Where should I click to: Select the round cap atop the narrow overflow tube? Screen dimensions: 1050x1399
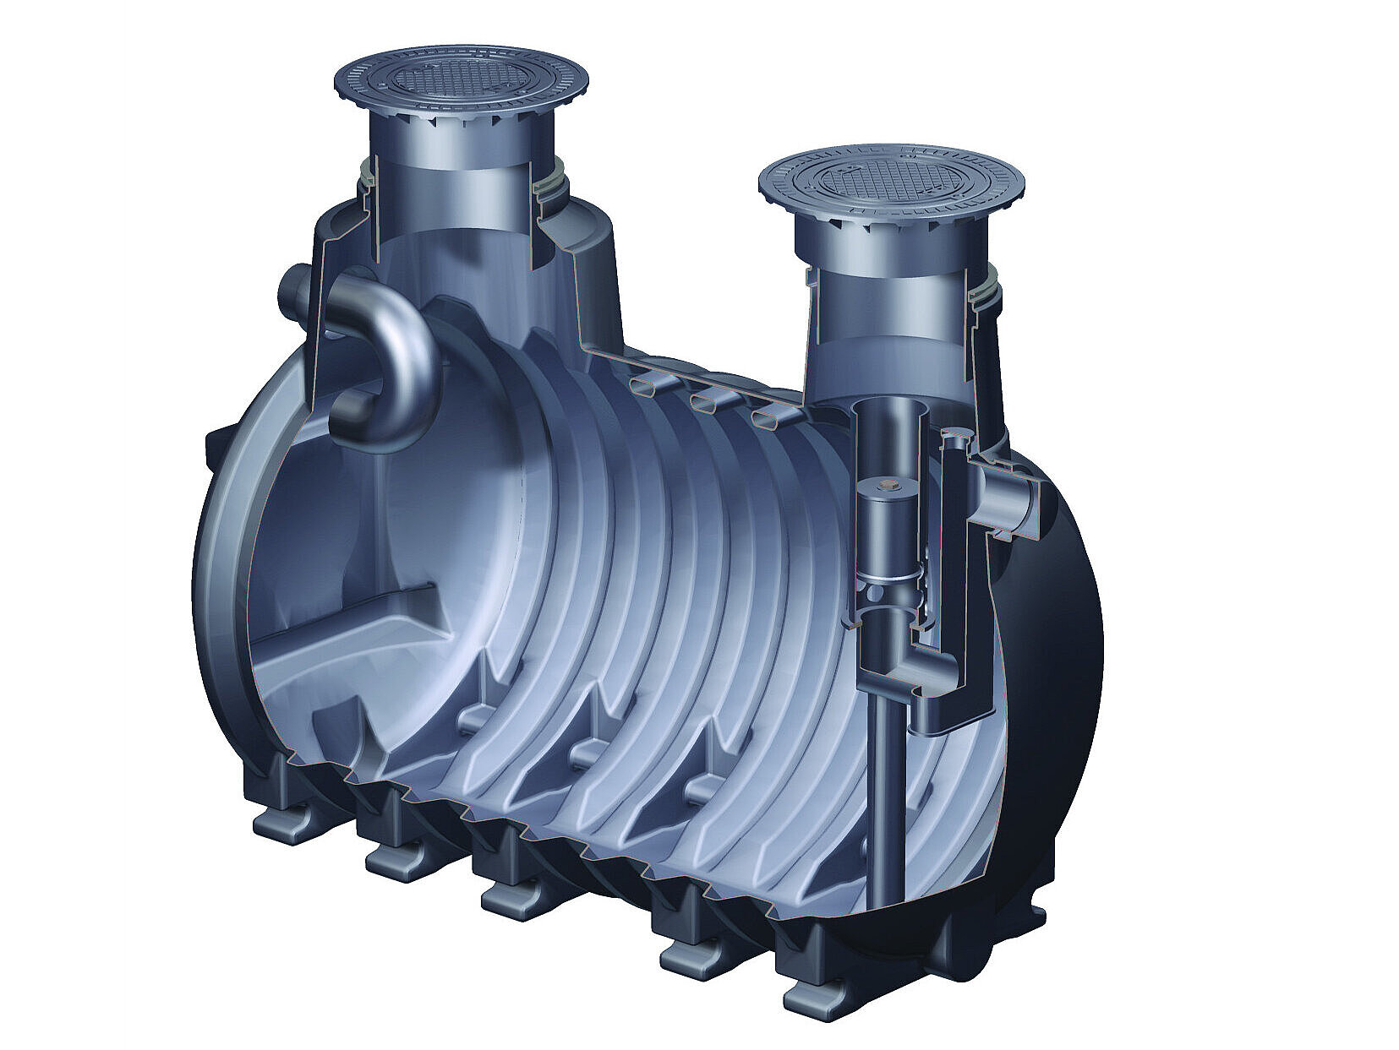pos(955,439)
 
